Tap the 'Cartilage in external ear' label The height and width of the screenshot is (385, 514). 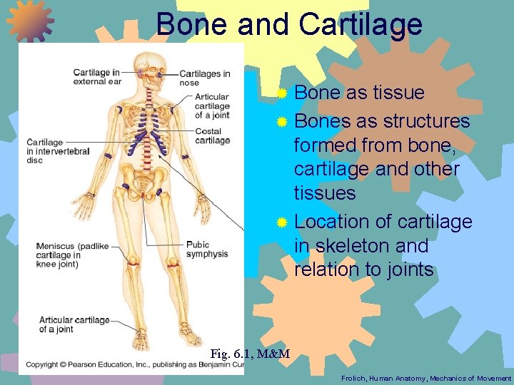(x=97, y=76)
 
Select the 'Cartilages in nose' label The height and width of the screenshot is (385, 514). (x=205, y=78)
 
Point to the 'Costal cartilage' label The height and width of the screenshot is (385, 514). (x=213, y=135)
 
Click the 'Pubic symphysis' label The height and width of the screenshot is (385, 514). (x=207, y=250)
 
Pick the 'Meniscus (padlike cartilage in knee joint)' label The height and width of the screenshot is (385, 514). (x=72, y=255)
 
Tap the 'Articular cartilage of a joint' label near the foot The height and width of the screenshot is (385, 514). (x=74, y=324)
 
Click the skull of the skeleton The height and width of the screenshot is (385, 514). (x=151, y=64)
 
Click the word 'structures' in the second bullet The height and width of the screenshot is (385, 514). (x=426, y=121)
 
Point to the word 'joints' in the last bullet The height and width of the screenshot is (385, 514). (x=408, y=269)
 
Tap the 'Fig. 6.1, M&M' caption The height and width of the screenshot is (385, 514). (x=250, y=354)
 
